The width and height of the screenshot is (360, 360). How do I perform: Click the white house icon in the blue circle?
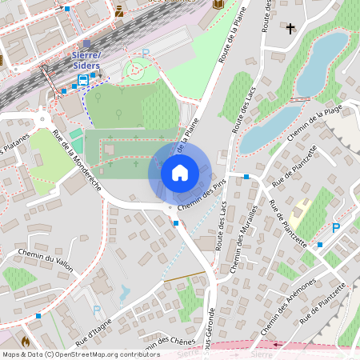pyautogui.click(x=180, y=173)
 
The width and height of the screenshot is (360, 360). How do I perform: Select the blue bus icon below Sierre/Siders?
pyautogui.click(x=82, y=80)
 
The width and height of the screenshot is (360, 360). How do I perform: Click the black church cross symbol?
pyautogui.click(x=290, y=29)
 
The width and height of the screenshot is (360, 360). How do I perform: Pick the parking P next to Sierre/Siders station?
pyautogui.click(x=146, y=54)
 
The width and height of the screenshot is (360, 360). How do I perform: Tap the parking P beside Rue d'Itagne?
pyautogui.click(x=97, y=309)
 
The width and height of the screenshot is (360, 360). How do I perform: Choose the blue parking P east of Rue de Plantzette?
pyautogui.click(x=336, y=228)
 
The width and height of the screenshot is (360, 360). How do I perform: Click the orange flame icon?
pyautogui.click(x=26, y=341)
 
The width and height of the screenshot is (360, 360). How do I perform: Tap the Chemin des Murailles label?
pyautogui.click(x=247, y=239)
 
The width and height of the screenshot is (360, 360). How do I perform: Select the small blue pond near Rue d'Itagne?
pyautogui.click(x=124, y=294)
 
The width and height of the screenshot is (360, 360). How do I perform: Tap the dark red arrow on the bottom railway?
pyautogui.click(x=278, y=346)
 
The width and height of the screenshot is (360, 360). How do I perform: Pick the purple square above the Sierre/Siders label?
pyautogui.click(x=86, y=43)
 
